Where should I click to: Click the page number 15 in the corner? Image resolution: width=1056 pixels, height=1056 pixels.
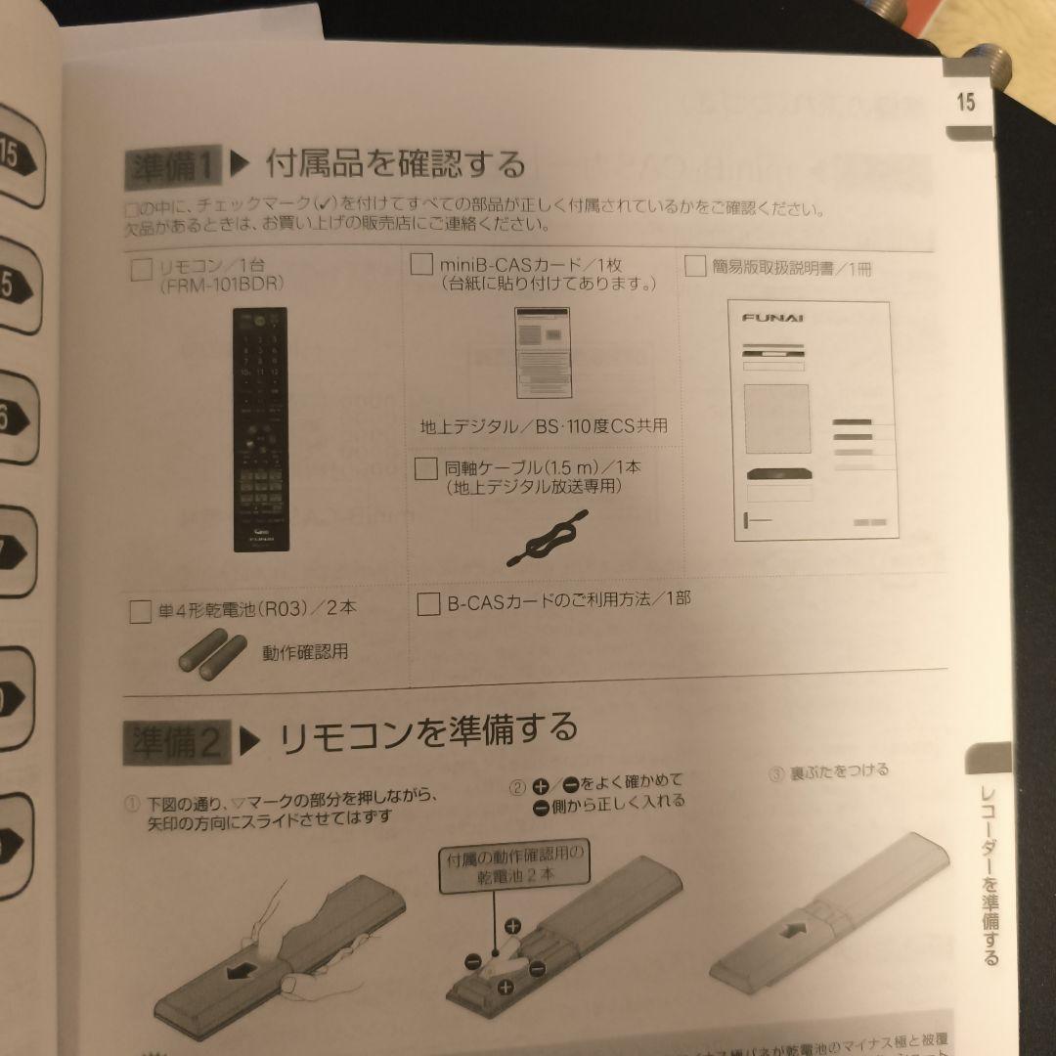(x=966, y=101)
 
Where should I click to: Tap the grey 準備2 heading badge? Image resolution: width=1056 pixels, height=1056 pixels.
(x=176, y=742)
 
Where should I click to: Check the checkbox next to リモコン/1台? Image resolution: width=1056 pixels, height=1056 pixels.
(x=142, y=269)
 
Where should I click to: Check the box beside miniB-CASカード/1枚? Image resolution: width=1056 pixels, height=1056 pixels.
(x=422, y=265)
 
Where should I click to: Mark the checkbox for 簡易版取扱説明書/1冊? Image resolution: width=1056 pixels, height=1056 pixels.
(x=695, y=266)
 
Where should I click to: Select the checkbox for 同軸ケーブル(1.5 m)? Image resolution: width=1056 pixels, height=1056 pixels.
(x=425, y=468)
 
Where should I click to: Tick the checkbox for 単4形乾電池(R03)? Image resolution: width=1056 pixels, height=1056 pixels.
(x=140, y=612)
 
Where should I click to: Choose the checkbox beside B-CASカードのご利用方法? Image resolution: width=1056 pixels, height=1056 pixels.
(x=427, y=603)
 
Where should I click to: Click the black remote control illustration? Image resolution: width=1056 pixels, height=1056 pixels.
(x=259, y=430)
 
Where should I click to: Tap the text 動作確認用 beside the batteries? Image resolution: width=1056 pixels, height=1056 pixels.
(x=304, y=651)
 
